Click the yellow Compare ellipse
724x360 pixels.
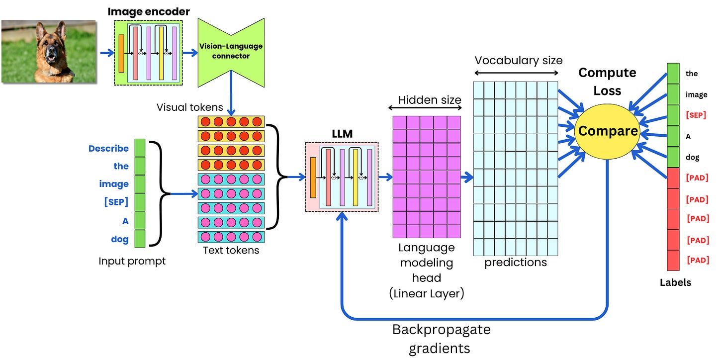tap(607, 131)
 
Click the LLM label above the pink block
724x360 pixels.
tap(342, 135)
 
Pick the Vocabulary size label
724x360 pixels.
tap(518, 61)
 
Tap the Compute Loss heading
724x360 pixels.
tap(607, 82)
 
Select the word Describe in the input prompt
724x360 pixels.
tap(108, 148)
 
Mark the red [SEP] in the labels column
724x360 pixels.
tap(696, 115)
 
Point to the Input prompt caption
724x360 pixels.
tap(132, 261)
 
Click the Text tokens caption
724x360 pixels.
tap(231, 250)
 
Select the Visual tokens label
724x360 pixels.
tap(189, 107)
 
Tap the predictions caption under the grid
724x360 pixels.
tap(516, 262)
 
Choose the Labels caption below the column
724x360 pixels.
tap(675, 282)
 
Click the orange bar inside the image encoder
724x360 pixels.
tap(121, 53)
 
